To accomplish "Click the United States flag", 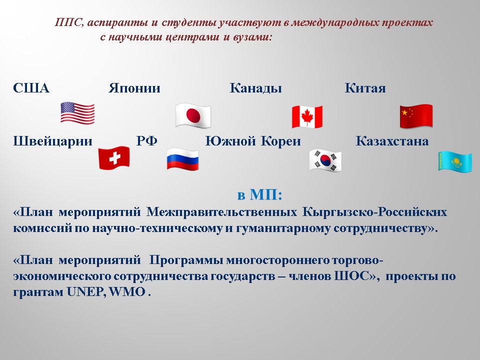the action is [77, 113].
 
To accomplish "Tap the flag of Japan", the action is [193, 115].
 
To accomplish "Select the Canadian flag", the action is [307, 116].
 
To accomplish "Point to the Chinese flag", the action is [416, 116].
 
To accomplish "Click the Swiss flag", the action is [114, 157].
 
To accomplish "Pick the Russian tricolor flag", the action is [183, 159].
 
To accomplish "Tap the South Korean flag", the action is [325, 160].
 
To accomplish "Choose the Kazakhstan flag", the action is [455, 161].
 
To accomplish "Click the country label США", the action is [31, 88].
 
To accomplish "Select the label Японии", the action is [134, 88].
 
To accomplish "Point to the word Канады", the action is [255, 88].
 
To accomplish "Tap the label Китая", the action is [365, 88].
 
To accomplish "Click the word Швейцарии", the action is [52, 141].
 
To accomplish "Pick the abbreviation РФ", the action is [146, 141].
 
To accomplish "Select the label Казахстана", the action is [392, 141].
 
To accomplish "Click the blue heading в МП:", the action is [259, 194].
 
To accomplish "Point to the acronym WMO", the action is [127, 291].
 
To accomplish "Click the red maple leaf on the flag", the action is [307, 116].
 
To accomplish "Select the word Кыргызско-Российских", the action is [374, 212].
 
